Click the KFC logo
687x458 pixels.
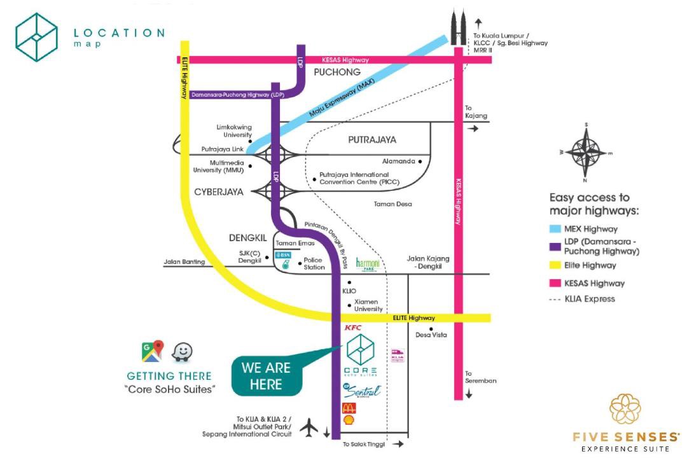point(353,328)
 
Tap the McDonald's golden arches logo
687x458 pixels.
point(349,408)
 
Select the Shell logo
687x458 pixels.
point(349,420)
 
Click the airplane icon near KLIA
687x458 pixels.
point(309,428)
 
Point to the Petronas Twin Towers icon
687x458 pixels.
point(457,28)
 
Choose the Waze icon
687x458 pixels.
point(183,352)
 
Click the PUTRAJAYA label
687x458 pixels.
point(372,139)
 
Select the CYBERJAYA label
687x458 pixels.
point(219,191)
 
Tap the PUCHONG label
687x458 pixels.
point(337,72)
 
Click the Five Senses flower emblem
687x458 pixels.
point(625,410)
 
